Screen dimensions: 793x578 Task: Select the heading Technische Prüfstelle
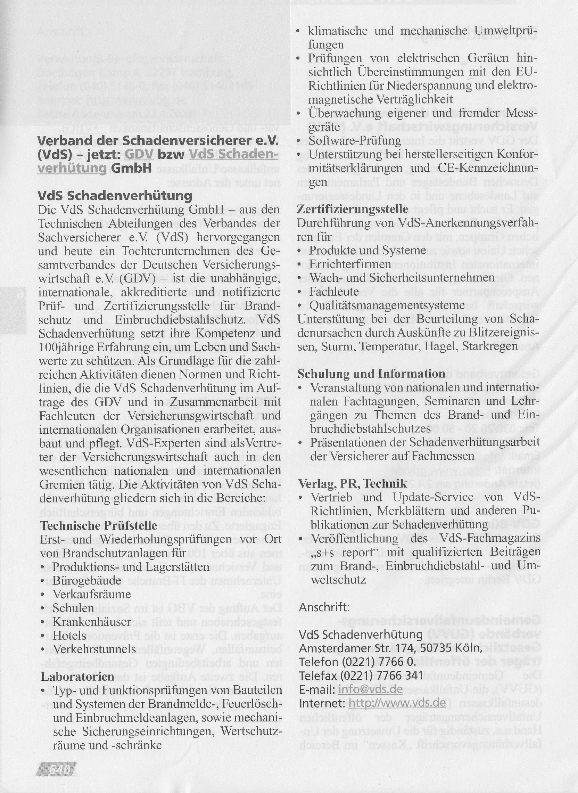pos(99,526)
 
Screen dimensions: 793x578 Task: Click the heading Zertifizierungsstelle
pos(353,209)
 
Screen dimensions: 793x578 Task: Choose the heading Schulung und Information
pos(371,374)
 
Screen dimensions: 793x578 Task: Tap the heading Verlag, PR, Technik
pos(353,484)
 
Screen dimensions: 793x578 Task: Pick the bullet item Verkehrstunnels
pos(94,649)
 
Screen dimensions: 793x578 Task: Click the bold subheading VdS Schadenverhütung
pos(115,195)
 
